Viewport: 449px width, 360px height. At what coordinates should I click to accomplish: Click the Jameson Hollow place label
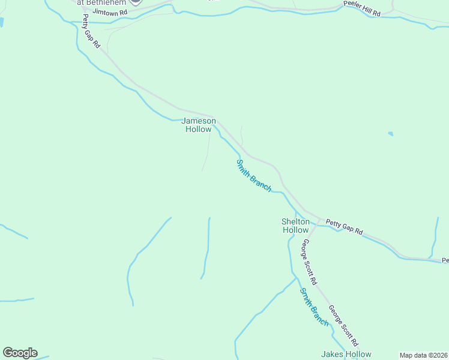[199, 125]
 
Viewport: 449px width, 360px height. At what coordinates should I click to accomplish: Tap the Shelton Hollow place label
[295, 226]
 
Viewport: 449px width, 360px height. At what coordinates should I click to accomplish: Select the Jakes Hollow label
[346, 354]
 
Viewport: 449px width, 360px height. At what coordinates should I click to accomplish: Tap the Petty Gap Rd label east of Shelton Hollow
[345, 226]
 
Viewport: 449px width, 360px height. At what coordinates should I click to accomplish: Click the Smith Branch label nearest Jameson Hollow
[253, 175]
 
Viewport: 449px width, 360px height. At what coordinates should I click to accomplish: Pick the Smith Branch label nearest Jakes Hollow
[315, 307]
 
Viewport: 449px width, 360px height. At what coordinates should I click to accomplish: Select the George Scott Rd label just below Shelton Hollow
[309, 262]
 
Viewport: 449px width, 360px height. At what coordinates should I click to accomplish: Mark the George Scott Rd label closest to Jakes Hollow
[343, 326]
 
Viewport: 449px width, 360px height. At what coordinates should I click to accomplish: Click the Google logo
[20, 353]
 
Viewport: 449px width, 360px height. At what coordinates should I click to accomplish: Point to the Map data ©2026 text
[423, 355]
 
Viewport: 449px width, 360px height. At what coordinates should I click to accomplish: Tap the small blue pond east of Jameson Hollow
[391, 134]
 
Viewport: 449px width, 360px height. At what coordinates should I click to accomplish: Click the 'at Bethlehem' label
[101, 2]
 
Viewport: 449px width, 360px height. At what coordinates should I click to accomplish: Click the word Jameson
[199, 121]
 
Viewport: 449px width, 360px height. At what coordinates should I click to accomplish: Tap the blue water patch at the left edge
[1, 22]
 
